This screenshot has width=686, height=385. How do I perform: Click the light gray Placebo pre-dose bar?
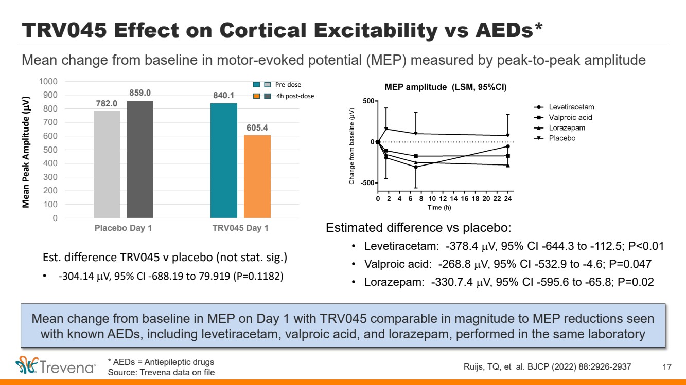[107, 164]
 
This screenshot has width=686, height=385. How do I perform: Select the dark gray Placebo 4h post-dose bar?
[140, 159]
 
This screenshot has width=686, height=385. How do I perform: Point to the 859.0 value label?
[140, 93]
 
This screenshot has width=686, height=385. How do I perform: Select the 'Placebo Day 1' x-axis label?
[123, 228]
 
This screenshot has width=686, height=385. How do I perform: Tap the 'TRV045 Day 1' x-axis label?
[240, 228]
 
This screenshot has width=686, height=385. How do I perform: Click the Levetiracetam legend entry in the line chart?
[571, 107]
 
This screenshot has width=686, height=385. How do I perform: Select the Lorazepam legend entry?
[567, 128]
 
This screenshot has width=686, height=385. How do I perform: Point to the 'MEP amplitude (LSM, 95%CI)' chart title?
[446, 87]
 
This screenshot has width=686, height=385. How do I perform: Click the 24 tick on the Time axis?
[508, 199]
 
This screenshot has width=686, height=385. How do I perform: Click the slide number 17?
[667, 367]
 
